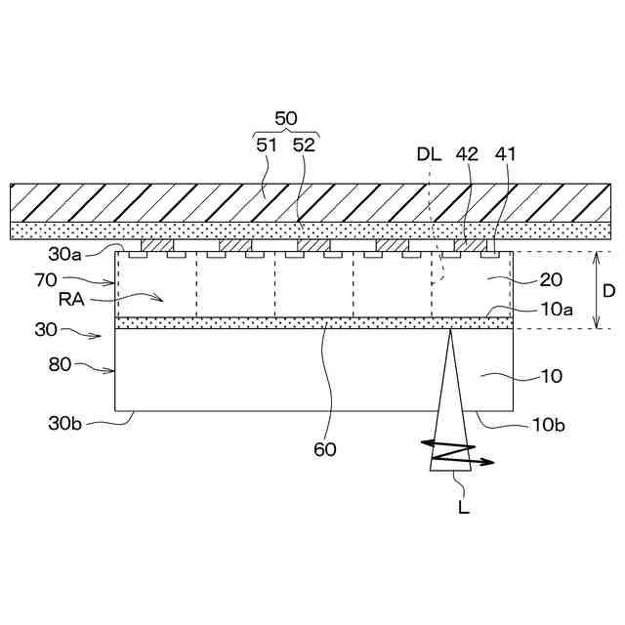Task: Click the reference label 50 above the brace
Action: (x=286, y=118)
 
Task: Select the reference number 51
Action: (x=268, y=145)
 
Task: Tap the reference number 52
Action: (x=304, y=145)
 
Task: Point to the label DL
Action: (x=429, y=153)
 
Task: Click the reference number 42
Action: (x=467, y=153)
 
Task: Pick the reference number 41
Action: (x=506, y=153)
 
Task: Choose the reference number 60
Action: (x=325, y=449)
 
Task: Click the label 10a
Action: (x=558, y=309)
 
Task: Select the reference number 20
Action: (x=551, y=279)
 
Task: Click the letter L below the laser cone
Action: (x=464, y=507)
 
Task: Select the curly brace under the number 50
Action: (x=286, y=133)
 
